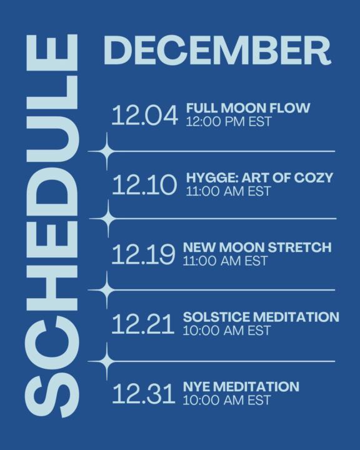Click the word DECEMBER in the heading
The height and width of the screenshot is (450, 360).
click(x=216, y=50)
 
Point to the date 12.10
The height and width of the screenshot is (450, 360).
click(x=144, y=186)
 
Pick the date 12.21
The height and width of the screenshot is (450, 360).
click(x=142, y=324)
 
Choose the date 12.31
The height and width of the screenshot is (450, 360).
click(x=144, y=394)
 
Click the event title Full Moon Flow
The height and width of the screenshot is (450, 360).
click(x=248, y=108)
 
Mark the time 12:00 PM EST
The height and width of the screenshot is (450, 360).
click(x=229, y=121)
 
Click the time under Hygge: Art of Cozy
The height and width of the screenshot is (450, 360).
click(x=228, y=191)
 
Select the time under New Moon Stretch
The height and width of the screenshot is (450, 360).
click(x=225, y=261)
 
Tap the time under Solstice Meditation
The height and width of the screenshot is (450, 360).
click(x=226, y=330)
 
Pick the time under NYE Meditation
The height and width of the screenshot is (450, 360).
click(x=226, y=400)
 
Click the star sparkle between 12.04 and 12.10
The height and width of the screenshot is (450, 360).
click(x=107, y=151)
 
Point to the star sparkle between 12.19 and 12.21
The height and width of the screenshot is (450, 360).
click(x=107, y=290)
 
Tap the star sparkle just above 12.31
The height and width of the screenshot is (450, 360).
click(x=107, y=361)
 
